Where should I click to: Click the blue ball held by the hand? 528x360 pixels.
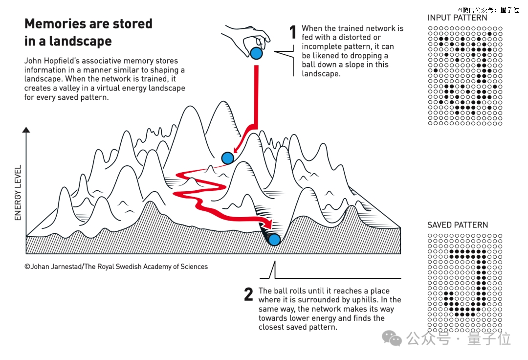pos(256,53)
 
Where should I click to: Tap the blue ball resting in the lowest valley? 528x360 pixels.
pos(274,240)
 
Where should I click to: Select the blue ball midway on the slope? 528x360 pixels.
pos(228,157)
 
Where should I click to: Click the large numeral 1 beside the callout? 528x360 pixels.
pos(293,32)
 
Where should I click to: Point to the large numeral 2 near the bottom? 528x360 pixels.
pos(248,294)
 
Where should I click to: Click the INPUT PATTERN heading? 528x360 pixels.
pos(457,18)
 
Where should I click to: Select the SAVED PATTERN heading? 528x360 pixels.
pos(458,225)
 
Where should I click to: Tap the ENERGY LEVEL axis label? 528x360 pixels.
pos(18,193)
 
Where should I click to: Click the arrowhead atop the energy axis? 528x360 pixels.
pos(26,130)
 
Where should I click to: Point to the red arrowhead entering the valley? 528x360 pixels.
pos(268,223)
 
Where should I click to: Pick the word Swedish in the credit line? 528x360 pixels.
pos(128,267)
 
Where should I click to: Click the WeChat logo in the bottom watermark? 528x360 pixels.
pos(392,338)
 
